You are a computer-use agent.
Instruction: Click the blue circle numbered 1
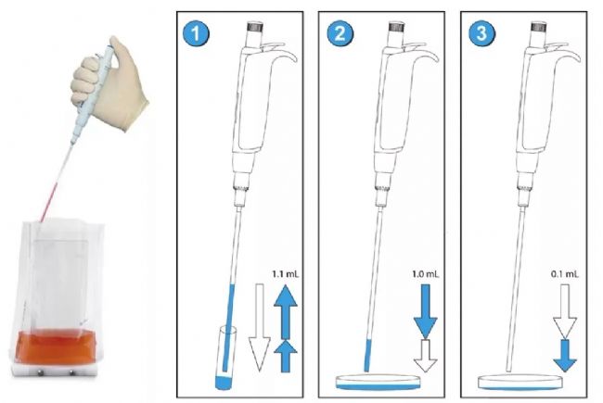click(196, 33)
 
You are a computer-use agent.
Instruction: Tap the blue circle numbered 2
click(340, 33)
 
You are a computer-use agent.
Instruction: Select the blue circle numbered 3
click(481, 33)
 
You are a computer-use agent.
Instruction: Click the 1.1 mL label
click(285, 274)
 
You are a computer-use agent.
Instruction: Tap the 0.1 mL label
click(565, 274)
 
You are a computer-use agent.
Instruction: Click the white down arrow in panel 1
click(260, 327)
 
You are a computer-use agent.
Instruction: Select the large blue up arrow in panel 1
click(286, 311)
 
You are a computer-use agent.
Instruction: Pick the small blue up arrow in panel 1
click(286, 356)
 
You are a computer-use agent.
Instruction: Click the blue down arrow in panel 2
click(425, 311)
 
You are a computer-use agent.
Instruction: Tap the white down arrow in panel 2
click(425, 356)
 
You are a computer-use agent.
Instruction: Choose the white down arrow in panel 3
click(565, 311)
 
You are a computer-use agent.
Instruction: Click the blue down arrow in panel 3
click(565, 356)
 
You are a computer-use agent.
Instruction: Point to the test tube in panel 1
click(225, 358)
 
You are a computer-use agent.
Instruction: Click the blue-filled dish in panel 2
click(378, 383)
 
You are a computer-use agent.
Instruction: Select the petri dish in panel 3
click(520, 383)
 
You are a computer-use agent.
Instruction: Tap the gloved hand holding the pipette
click(109, 82)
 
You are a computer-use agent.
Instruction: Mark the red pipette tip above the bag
click(49, 203)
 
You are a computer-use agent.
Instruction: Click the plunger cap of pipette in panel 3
click(539, 27)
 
